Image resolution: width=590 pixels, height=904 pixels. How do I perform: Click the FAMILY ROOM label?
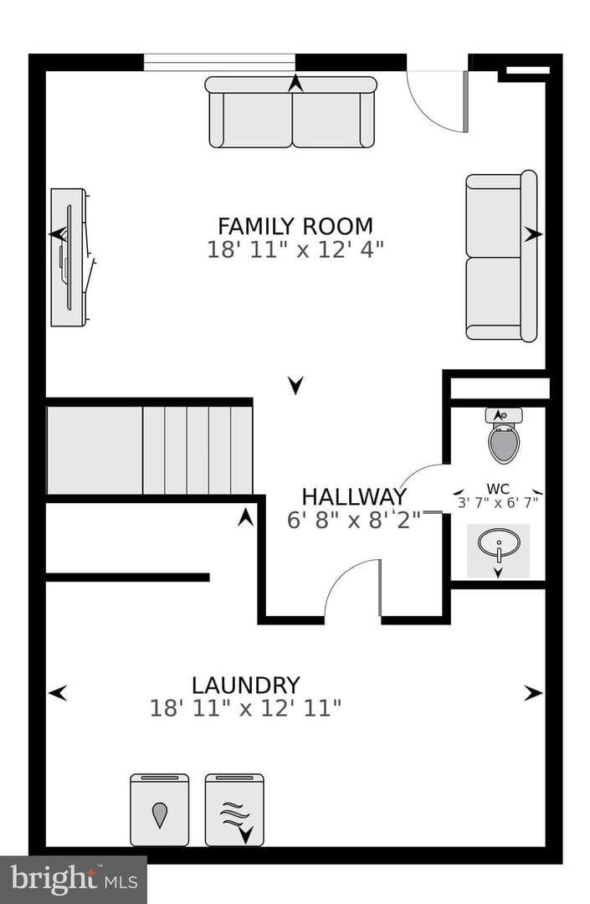pyautogui.click(x=295, y=226)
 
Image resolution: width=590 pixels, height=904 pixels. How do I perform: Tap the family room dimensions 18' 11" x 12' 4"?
pyautogui.click(x=295, y=249)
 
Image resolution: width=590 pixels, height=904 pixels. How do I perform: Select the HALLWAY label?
pyautogui.click(x=354, y=496)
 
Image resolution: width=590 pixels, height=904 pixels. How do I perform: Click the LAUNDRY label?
pyautogui.click(x=246, y=685)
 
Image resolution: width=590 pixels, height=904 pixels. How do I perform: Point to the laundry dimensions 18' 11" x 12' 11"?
pyautogui.click(x=246, y=708)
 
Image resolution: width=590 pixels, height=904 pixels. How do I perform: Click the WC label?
pyautogui.click(x=498, y=490)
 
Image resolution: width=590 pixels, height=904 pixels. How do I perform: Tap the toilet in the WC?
pyautogui.click(x=504, y=435)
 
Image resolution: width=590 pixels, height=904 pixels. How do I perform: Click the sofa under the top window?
pyautogui.click(x=291, y=112)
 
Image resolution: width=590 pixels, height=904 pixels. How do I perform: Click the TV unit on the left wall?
pyautogui.click(x=70, y=257)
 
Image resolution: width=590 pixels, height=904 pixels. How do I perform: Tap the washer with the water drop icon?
pyautogui.click(x=160, y=809)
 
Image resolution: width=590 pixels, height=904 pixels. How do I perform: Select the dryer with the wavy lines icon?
pyautogui.click(x=234, y=809)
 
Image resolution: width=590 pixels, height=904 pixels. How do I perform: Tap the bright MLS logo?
pyautogui.click(x=74, y=880)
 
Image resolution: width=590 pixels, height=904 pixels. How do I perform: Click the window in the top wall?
pyautogui.click(x=219, y=62)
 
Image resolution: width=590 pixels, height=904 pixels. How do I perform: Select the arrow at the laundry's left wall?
pyautogui.click(x=58, y=692)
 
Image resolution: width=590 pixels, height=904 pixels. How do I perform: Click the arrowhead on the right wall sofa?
pyautogui.click(x=534, y=234)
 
